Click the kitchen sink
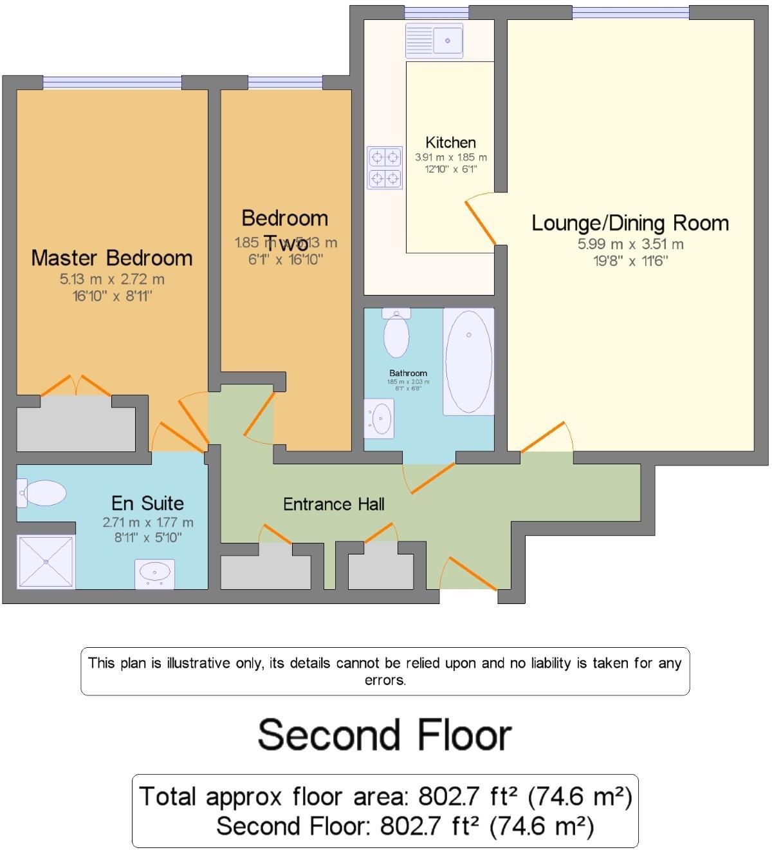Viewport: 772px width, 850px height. [x=434, y=41]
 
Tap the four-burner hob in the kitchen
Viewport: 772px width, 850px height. [x=385, y=167]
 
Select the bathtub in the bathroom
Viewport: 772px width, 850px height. [x=468, y=361]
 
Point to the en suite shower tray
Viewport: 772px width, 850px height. [x=46, y=561]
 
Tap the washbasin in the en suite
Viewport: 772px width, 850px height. [x=154, y=572]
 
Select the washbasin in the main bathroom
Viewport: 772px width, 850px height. [x=380, y=419]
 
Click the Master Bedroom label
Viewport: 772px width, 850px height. [x=112, y=258]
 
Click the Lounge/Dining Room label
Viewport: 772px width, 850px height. [x=630, y=223]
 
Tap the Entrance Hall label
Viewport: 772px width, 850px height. [x=334, y=504]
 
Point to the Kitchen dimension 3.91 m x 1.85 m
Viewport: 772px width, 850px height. [x=450, y=157]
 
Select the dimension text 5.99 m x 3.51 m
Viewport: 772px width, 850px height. [x=630, y=244]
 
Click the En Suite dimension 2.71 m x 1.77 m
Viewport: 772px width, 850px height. [x=148, y=522]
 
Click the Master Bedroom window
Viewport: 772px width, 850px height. [x=112, y=82]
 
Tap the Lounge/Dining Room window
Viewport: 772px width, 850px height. [x=630, y=12]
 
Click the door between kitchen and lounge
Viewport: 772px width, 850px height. [x=481, y=221]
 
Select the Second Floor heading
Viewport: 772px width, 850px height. [x=385, y=735]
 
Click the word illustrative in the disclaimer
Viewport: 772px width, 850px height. [x=199, y=663]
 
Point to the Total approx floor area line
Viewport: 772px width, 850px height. [x=385, y=797]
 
